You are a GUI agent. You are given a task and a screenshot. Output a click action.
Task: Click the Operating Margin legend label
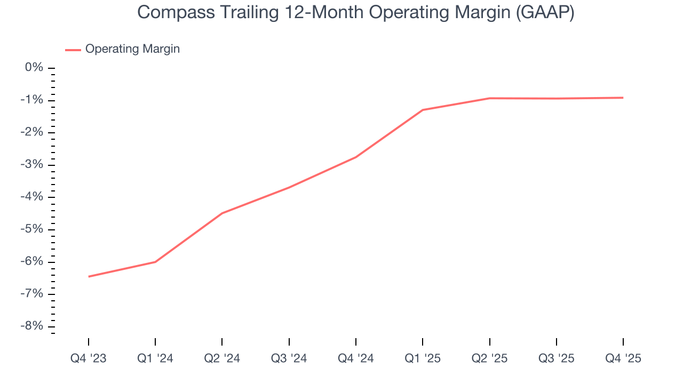tap(132, 49)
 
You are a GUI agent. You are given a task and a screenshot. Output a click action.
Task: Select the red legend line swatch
tap(73, 50)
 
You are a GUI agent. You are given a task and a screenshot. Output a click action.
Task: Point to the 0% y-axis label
tap(34, 68)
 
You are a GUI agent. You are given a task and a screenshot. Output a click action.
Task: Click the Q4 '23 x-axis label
tap(89, 358)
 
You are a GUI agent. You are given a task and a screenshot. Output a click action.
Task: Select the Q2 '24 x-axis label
tap(222, 358)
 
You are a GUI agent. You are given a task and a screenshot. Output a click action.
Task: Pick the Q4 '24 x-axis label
tap(356, 358)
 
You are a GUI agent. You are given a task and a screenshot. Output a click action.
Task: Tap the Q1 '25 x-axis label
tap(423, 358)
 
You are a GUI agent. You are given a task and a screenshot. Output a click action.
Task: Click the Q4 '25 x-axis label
tap(623, 358)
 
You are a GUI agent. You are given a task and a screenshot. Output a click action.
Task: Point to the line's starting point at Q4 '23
tap(89, 276)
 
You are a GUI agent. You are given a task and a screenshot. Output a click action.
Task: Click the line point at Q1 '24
tap(155, 262)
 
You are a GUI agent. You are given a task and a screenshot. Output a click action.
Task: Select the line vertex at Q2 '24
tap(222, 213)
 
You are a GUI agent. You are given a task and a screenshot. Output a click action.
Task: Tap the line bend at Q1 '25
tap(423, 110)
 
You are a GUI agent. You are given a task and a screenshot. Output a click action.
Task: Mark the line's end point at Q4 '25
tap(623, 98)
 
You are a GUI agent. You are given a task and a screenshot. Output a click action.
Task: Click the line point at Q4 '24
tap(356, 157)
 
